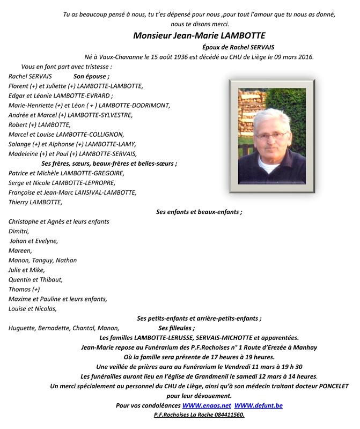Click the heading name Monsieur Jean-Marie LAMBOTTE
199,36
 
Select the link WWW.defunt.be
258,405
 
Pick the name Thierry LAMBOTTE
35,202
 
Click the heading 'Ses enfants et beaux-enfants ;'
199,212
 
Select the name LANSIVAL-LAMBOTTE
104,193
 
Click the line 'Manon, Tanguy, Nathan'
43,260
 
